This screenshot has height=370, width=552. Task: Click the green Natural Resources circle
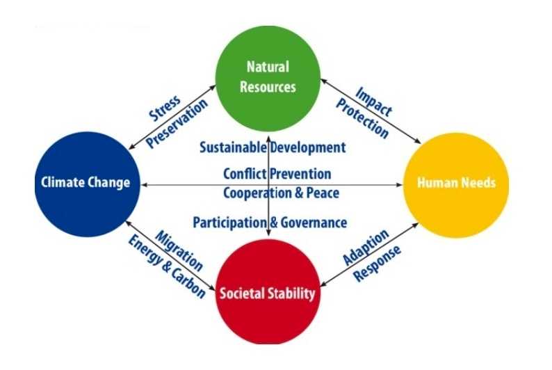(268, 79)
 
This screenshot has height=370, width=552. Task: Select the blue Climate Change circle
(88, 184)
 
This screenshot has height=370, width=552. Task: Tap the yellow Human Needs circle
(456, 185)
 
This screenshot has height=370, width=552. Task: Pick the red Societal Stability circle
(268, 292)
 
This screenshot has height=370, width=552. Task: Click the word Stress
(165, 108)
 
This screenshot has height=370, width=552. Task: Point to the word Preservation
(177, 123)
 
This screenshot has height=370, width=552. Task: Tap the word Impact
(373, 102)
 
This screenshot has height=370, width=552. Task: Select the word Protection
(363, 118)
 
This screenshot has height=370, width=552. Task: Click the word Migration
(179, 250)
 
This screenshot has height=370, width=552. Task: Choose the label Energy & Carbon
(167, 267)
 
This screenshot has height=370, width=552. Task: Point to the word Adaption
(366, 247)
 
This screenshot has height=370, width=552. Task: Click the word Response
(378, 264)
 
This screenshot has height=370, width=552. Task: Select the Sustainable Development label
(273, 147)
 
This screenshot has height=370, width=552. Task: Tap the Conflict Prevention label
(277, 174)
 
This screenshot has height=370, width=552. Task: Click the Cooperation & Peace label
(282, 193)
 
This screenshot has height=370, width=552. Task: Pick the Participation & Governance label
(270, 223)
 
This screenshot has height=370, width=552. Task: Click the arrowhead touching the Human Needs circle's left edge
(399, 184)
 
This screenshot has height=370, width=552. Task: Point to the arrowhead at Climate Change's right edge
(145, 184)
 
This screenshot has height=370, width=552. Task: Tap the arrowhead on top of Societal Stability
(268, 233)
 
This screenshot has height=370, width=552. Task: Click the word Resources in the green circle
(268, 87)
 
